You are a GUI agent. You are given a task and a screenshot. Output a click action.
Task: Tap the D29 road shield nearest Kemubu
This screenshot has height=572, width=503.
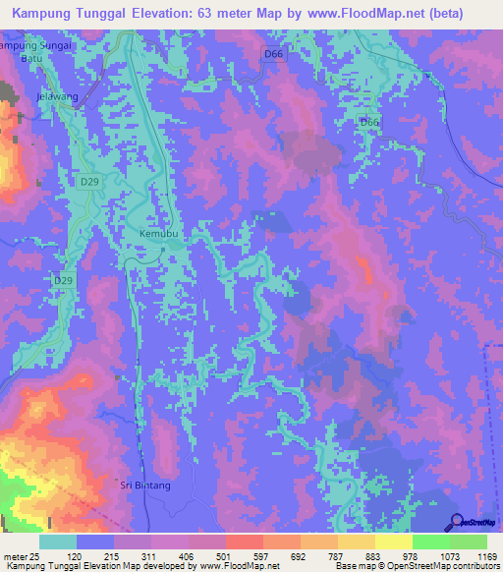(62, 280)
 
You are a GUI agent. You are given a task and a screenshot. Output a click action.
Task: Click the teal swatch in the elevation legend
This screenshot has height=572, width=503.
(58, 542)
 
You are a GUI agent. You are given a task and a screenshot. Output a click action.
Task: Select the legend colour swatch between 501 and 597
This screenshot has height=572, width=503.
(244, 542)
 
